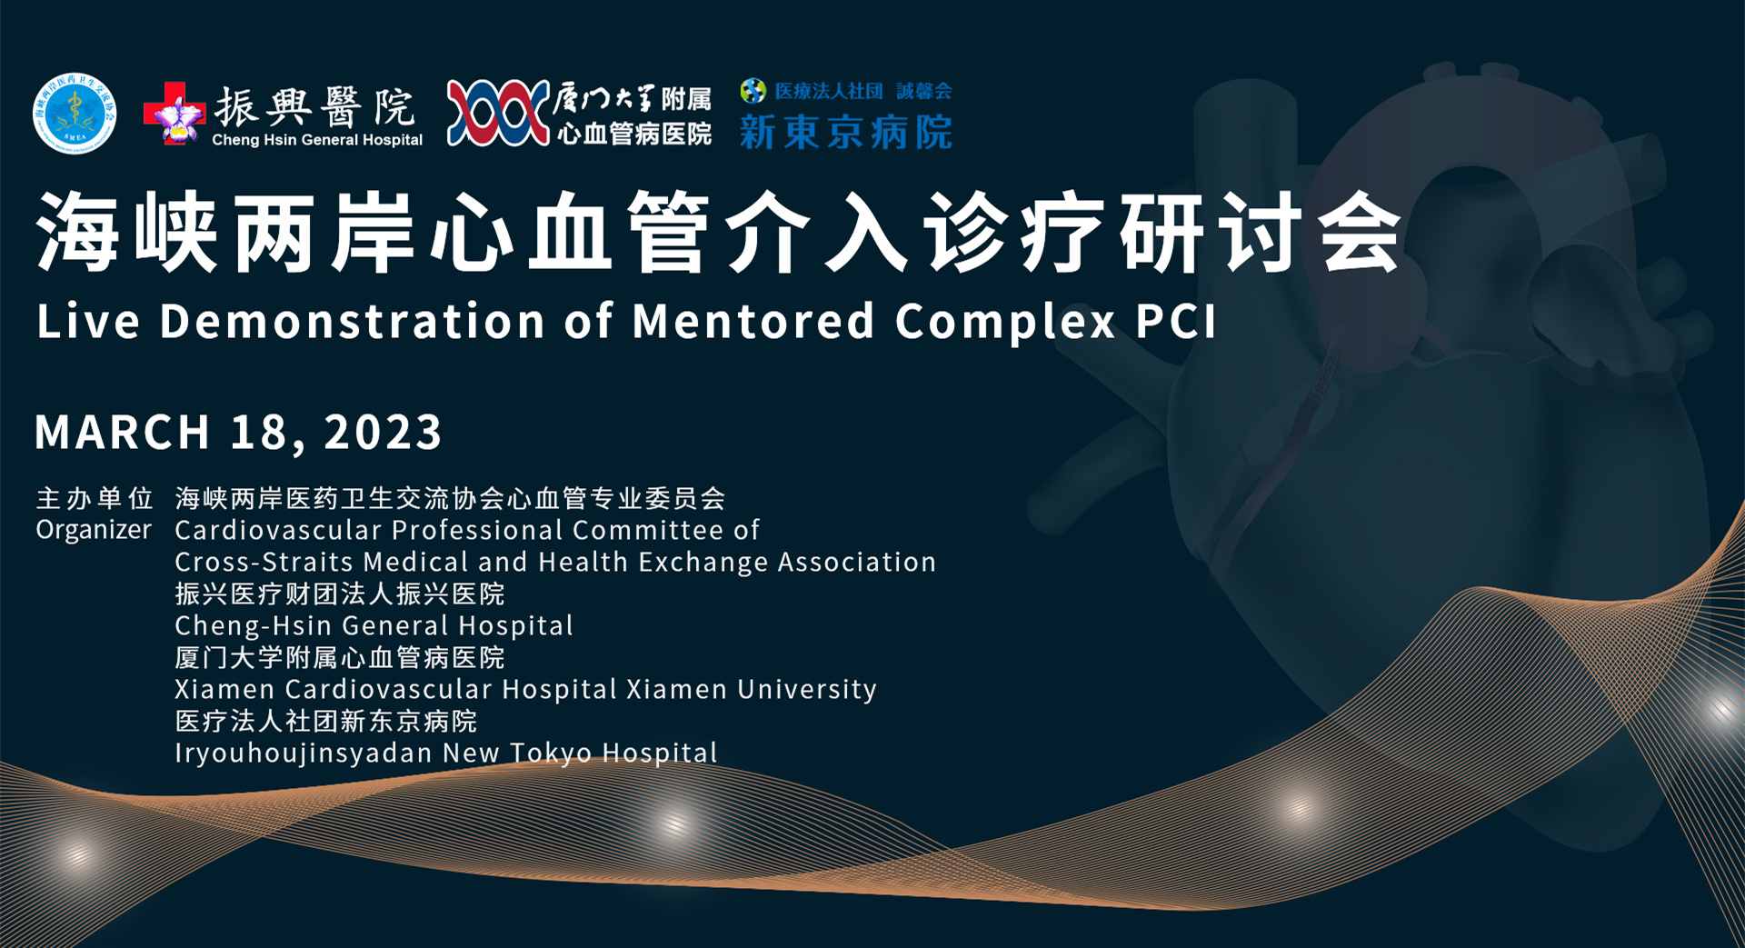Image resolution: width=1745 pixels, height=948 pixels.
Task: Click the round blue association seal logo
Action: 75,114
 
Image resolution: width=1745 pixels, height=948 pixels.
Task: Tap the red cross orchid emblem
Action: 174,114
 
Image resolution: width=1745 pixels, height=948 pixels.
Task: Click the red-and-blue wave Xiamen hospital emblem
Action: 498,114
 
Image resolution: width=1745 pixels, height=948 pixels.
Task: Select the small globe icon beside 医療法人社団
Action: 753,91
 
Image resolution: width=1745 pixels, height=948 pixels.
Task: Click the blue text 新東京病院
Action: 846,133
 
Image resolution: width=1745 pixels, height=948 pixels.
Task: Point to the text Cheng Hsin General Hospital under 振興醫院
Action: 317,140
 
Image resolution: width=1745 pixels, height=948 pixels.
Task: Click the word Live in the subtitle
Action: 88,322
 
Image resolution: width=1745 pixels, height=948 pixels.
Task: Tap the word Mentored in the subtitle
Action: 753,322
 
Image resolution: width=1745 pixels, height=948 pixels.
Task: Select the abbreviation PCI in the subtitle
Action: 1176,322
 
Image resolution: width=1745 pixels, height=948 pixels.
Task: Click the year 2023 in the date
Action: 383,432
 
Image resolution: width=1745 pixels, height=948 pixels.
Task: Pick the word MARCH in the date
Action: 123,432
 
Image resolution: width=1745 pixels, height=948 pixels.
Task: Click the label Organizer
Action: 94,530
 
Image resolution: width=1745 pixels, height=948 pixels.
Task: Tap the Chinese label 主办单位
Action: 95,498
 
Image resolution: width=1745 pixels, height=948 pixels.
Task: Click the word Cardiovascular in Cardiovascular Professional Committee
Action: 278,530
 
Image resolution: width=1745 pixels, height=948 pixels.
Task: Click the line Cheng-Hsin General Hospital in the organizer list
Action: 374,625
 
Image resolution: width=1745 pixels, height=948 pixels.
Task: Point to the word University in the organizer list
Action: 807,690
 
